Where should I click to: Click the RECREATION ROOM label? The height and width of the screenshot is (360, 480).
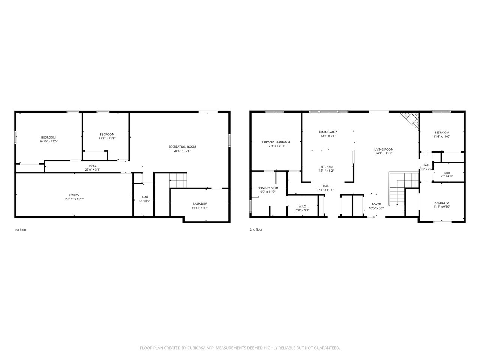click(182, 147)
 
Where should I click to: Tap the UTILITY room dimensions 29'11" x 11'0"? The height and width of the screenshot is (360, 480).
click(74, 199)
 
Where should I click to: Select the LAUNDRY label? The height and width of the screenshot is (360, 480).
click(200, 204)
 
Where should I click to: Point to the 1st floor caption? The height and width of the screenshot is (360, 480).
click(21, 230)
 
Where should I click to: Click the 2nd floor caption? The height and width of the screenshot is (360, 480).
click(256, 229)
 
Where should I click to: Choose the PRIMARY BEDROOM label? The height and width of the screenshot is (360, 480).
click(276, 142)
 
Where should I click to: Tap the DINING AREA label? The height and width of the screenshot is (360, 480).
click(328, 132)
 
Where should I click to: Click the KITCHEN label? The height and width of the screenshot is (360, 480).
click(327, 167)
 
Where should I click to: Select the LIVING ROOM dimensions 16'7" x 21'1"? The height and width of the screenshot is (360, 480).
click(384, 153)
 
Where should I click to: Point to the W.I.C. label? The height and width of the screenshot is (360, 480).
click(303, 206)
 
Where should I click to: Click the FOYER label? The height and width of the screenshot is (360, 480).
click(376, 204)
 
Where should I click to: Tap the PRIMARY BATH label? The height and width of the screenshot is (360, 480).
click(268, 188)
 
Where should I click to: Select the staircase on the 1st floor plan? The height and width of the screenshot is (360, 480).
click(178, 180)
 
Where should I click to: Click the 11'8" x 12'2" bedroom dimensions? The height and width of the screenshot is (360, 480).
click(107, 138)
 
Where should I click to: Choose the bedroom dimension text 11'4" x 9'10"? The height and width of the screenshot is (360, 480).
click(442, 207)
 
